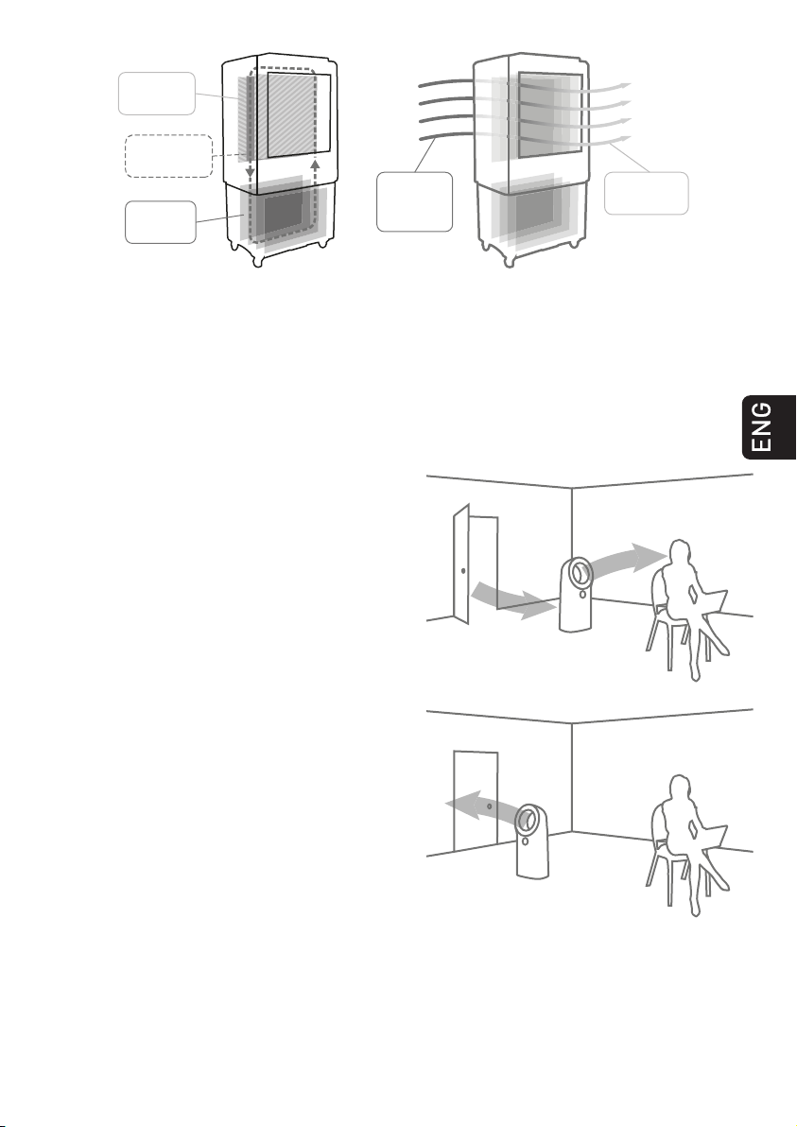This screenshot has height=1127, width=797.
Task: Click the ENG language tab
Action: point(769,427)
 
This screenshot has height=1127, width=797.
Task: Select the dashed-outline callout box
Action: point(169,156)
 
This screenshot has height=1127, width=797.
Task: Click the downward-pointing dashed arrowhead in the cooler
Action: point(251,172)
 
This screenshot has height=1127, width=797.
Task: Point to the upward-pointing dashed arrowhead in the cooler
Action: point(315,164)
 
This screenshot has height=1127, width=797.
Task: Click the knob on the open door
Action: point(463,571)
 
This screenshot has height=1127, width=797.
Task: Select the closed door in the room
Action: point(475,800)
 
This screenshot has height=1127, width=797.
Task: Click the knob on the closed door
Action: point(489,806)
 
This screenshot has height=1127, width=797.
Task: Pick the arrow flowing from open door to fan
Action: point(512,601)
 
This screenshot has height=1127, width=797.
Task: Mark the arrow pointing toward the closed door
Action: point(479,806)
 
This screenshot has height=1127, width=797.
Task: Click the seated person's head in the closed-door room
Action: point(679,787)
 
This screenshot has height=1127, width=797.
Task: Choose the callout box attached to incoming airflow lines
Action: point(415,202)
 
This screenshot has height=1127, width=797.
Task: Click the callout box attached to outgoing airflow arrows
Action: point(646,193)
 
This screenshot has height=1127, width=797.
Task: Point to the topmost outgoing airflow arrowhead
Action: point(626,85)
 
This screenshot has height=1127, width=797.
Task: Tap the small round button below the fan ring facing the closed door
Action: point(526,841)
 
